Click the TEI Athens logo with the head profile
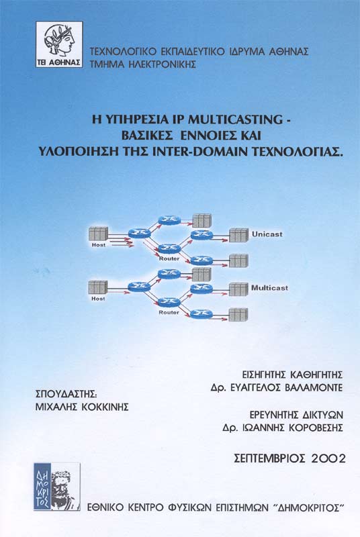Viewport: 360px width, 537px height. [x=59, y=44]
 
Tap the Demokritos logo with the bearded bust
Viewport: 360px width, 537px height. [x=57, y=487]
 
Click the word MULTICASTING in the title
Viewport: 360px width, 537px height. [x=234, y=119]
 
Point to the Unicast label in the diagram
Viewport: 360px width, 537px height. [x=267, y=234]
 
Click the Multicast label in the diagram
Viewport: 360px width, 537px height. [x=269, y=288]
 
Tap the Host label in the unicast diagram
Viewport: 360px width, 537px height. [x=99, y=245]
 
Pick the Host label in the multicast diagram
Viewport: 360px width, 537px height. [x=98, y=299]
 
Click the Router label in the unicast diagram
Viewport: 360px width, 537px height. [x=169, y=258]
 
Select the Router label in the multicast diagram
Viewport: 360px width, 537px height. [x=169, y=312]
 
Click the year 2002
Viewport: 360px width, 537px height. [x=329, y=458]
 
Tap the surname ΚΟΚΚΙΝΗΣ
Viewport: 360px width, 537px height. [x=105, y=407]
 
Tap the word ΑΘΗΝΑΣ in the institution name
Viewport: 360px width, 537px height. [x=289, y=52]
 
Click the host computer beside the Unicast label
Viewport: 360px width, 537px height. [x=238, y=235]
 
